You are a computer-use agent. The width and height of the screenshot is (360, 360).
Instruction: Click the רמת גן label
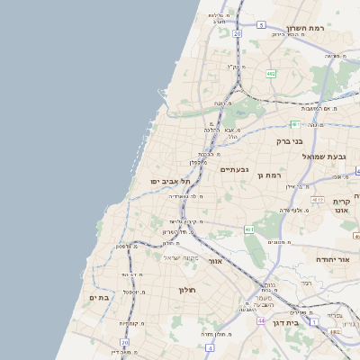[269, 175]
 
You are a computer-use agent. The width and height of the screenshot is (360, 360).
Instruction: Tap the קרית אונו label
[341, 206]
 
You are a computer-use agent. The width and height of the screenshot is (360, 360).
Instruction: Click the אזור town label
[214, 261]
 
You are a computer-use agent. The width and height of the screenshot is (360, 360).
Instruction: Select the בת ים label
[99, 297]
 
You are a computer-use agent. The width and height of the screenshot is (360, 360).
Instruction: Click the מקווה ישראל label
[180, 257]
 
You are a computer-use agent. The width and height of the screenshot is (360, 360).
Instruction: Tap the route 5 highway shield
[260, 25]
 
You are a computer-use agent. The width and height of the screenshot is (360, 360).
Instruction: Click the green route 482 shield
[271, 74]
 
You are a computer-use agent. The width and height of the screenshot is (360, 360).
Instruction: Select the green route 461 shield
[249, 229]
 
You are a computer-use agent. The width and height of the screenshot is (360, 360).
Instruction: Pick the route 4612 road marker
[317, 199]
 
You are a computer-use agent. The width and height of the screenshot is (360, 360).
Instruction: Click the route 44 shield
[261, 320]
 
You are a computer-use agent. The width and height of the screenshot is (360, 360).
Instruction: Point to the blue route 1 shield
[314, 320]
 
